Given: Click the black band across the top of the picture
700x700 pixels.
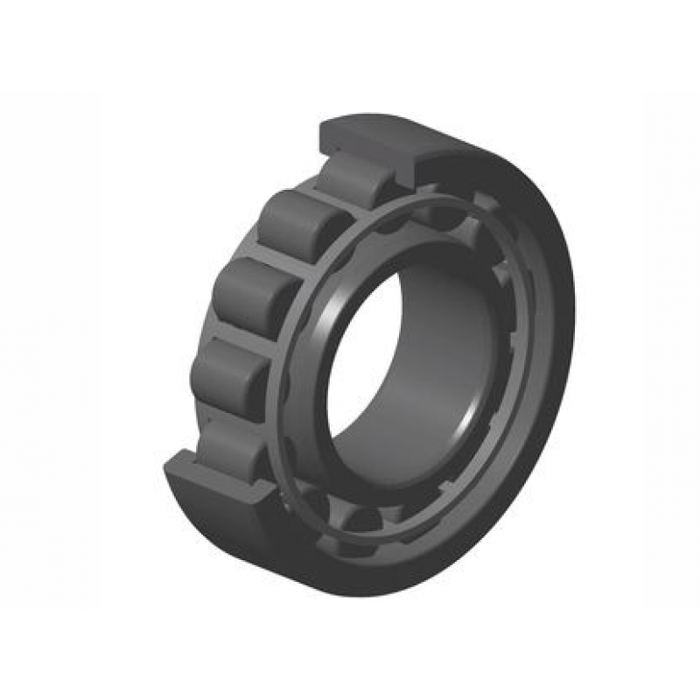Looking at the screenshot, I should (x=350, y=44).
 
